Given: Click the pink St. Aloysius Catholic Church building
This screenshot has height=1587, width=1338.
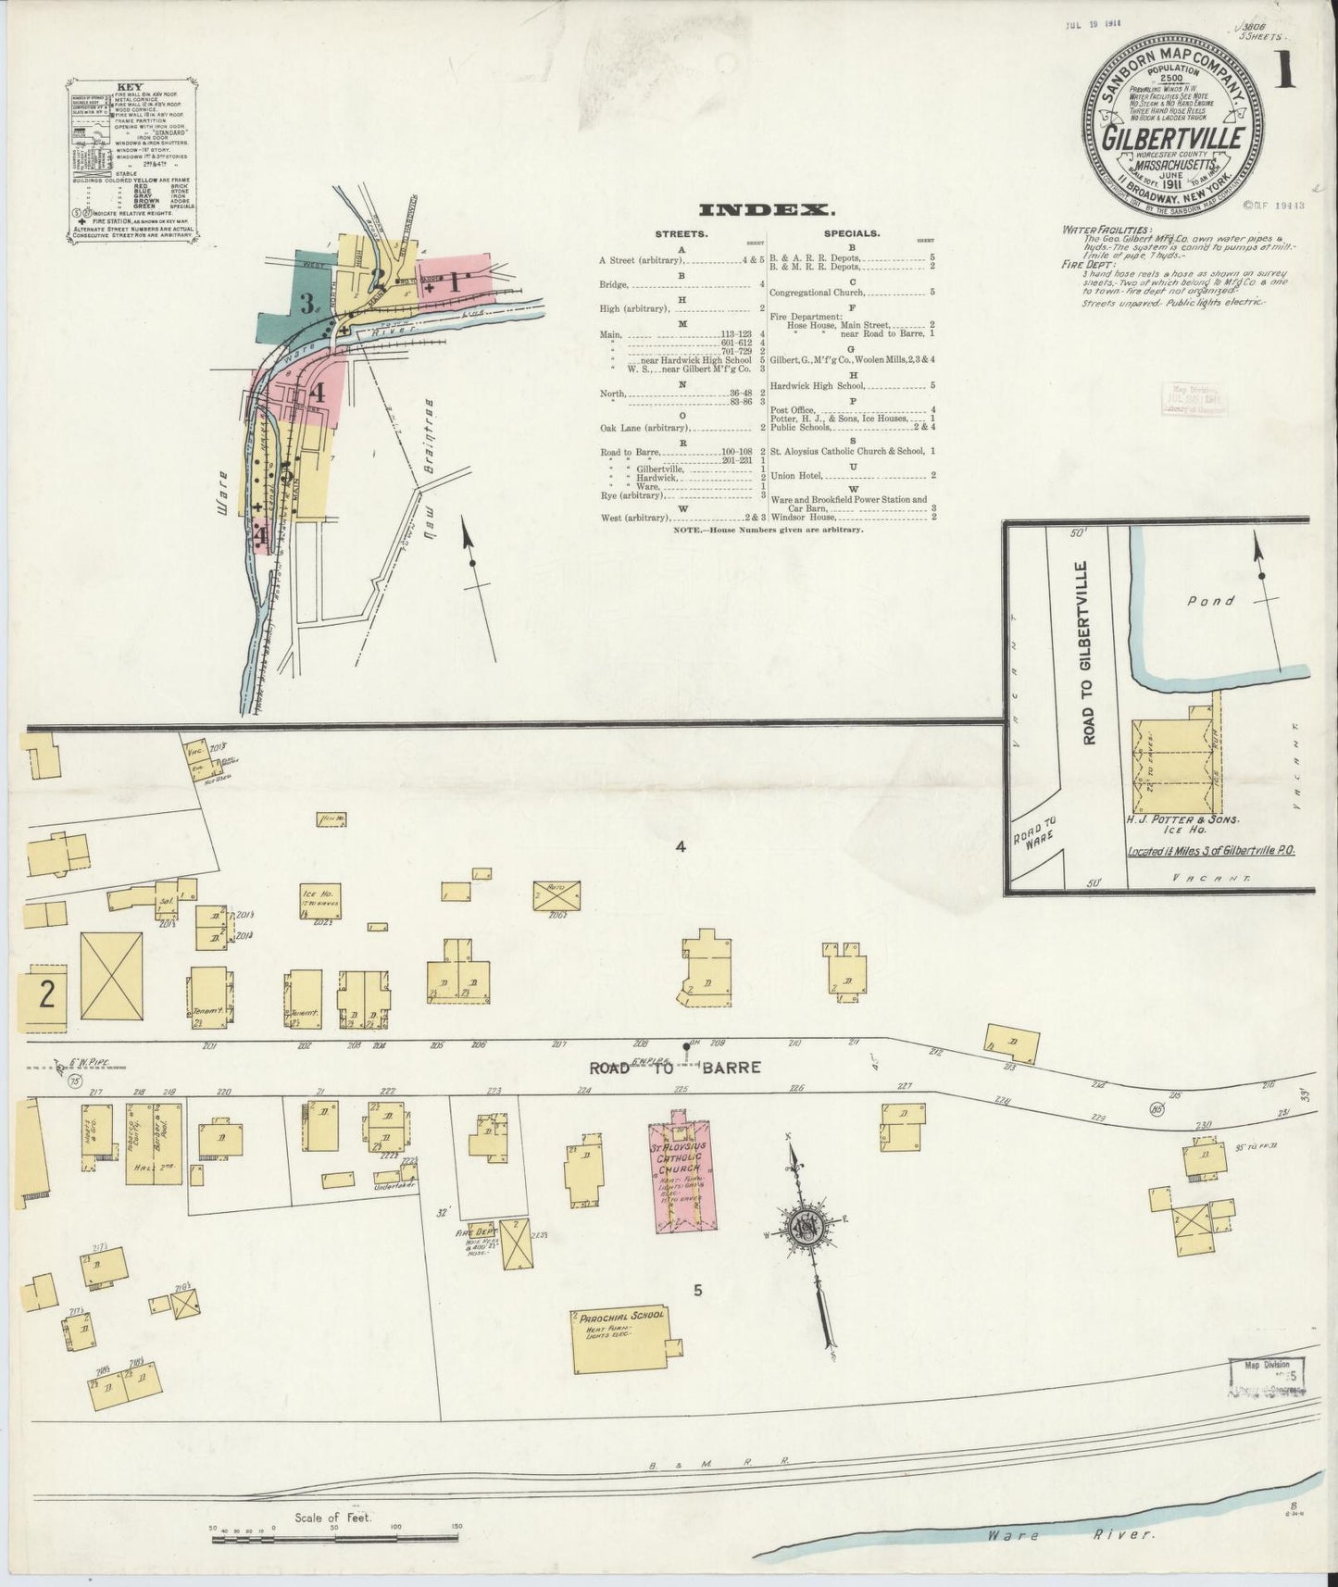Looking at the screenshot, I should point(682,1176).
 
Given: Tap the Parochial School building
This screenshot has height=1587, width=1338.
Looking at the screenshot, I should point(619,1339).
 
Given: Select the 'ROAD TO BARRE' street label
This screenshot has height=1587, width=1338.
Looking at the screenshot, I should point(676,1067).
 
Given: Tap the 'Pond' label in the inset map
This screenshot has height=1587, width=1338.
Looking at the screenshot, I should point(1211,600).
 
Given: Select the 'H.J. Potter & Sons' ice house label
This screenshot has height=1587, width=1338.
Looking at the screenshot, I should point(1185,820).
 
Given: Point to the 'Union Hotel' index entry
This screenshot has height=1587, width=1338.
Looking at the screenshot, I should point(803,475).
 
